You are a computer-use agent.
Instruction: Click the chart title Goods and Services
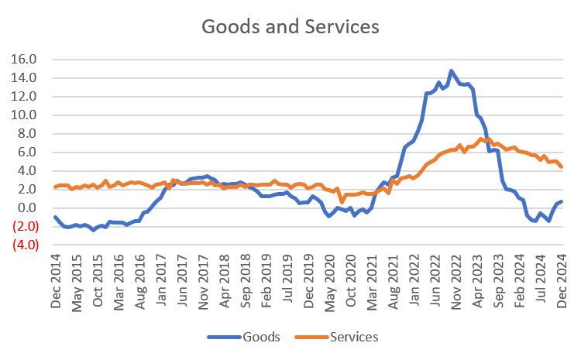[x=290, y=26]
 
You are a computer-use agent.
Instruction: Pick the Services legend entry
[x=354, y=338]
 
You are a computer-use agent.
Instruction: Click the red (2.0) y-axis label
[x=25, y=226]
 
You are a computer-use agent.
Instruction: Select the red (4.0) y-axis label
[x=25, y=245]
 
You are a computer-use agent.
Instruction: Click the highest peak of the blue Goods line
[x=452, y=70]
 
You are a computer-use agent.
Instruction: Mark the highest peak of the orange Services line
[x=483, y=138]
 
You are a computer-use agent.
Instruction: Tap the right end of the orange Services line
[x=562, y=167]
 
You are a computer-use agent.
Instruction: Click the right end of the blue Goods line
[x=562, y=201]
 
